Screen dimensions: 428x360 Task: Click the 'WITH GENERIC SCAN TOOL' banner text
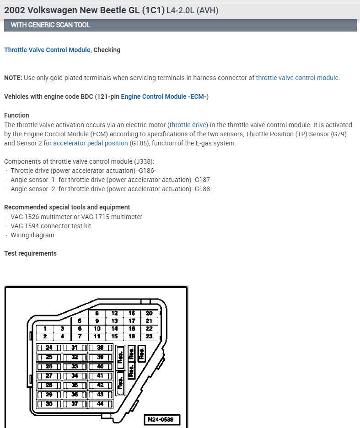click(x=50, y=25)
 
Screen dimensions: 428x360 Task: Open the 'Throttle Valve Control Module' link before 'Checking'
click(x=47, y=50)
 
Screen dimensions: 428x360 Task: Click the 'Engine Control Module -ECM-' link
click(x=165, y=96)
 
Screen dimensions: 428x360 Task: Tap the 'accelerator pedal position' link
click(x=91, y=143)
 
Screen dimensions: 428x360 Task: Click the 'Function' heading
click(x=16, y=115)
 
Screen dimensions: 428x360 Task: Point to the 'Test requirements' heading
click(x=30, y=253)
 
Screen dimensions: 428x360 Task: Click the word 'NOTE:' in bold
click(x=13, y=78)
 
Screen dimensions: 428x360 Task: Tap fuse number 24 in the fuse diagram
click(x=49, y=348)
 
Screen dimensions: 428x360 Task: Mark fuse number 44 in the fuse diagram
click(x=100, y=404)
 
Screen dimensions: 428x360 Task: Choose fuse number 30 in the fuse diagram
click(x=49, y=404)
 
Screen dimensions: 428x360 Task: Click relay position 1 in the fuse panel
click(x=45, y=328)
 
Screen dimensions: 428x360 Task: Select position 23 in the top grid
click(x=149, y=336)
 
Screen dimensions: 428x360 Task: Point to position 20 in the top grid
click(x=149, y=313)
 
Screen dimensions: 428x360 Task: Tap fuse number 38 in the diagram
click(x=100, y=348)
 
